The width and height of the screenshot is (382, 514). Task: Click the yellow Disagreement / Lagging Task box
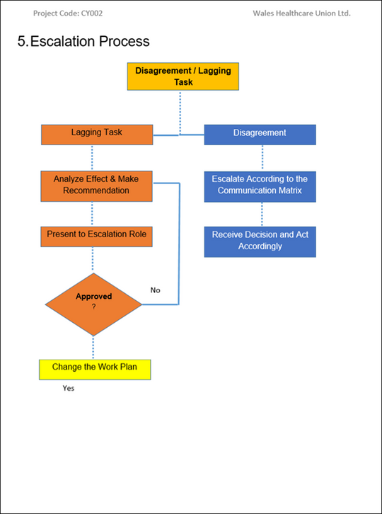coord(183,76)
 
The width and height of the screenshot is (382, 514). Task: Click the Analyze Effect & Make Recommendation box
coord(97,185)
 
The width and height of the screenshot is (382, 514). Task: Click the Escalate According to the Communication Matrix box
coord(260,185)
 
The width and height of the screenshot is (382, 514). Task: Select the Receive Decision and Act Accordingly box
coord(260,241)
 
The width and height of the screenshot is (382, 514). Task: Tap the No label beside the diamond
coord(155,290)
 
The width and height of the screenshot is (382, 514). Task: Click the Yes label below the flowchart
coord(68,389)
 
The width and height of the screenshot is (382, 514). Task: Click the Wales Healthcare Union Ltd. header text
coord(301,13)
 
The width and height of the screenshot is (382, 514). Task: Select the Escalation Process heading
coord(83,41)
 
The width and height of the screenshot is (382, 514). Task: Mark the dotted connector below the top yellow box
coord(180,111)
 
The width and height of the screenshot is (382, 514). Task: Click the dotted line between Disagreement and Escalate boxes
coord(262,157)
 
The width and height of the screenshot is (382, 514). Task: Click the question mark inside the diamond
coord(93,307)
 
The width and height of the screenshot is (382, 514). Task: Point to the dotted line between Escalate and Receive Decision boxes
coord(262,214)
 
